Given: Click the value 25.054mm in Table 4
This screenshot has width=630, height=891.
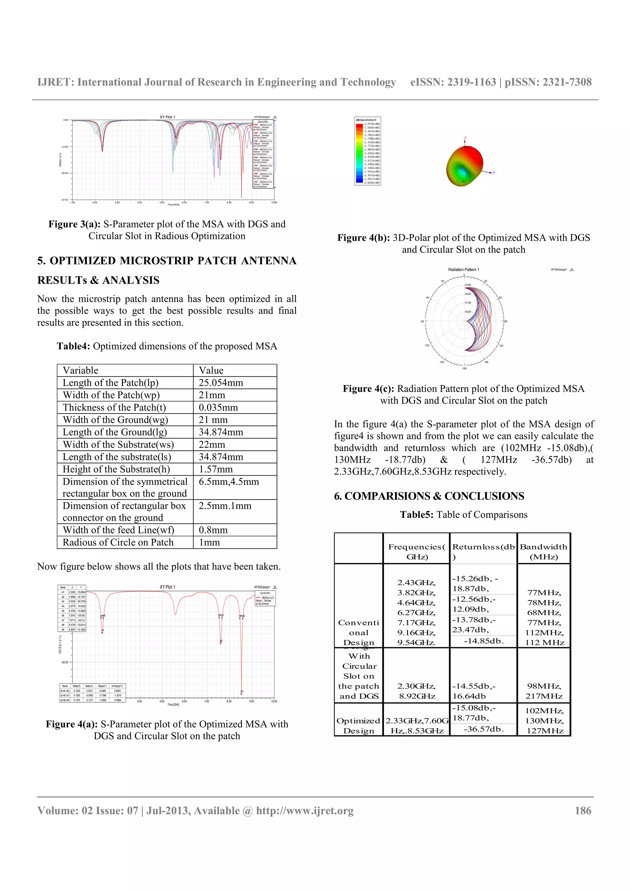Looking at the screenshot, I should (x=221, y=383).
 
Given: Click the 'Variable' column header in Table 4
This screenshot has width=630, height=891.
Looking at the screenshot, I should (x=81, y=370).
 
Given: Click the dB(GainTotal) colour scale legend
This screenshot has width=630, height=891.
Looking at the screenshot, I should (x=368, y=151).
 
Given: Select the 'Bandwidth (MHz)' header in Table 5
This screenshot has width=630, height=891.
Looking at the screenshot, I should (x=544, y=552).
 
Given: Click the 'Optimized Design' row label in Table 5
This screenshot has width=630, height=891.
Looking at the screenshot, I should (x=358, y=725).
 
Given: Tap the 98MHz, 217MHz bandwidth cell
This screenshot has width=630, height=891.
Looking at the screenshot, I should (x=544, y=691).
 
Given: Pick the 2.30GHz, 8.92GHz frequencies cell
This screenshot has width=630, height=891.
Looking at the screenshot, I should (x=417, y=691).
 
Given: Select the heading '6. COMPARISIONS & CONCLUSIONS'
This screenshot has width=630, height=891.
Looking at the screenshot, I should (x=429, y=496).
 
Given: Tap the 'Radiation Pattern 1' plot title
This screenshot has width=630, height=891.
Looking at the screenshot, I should (x=464, y=269).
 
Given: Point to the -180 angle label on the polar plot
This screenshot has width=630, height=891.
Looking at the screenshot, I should (x=464, y=368).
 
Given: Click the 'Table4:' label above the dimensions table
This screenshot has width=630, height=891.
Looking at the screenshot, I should (x=73, y=346).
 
